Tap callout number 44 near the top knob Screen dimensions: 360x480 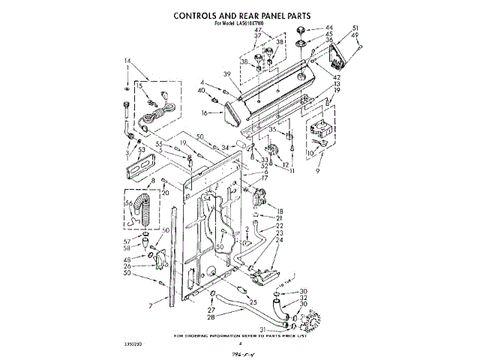(x=328, y=28)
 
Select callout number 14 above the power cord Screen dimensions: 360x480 (x=127, y=60)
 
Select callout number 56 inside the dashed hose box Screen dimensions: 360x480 (x=128, y=203)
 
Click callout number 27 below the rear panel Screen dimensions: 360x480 (x=211, y=310)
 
